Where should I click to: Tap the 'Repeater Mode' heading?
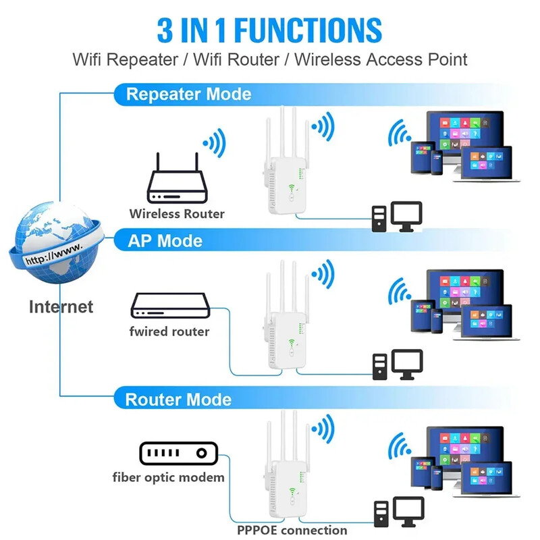pyautogui.click(x=188, y=94)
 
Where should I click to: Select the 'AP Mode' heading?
pyautogui.click(x=165, y=240)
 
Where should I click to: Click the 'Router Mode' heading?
pyautogui.click(x=178, y=399)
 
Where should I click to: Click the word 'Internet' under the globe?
pyautogui.click(x=61, y=306)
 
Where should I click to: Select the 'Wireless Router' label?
pyautogui.click(x=177, y=214)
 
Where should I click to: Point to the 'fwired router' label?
pyautogui.click(x=169, y=331)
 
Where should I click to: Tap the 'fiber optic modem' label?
pyautogui.click(x=168, y=478)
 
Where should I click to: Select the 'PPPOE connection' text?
pyautogui.click(x=292, y=530)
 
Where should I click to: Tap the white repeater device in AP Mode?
pyautogui.click(x=285, y=331)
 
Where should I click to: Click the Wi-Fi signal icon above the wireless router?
pyautogui.click(x=214, y=142)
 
